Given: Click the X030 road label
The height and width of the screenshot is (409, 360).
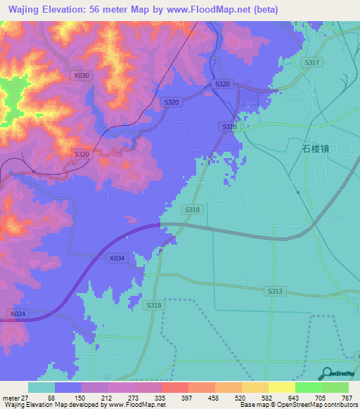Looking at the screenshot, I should click(x=82, y=75).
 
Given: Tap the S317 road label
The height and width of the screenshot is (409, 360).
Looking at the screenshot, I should click(x=313, y=63).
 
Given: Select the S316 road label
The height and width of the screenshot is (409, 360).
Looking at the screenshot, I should click(x=229, y=126).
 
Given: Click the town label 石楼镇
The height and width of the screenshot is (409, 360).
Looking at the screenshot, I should click(x=316, y=148).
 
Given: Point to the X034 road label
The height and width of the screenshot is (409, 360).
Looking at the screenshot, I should click(x=117, y=259).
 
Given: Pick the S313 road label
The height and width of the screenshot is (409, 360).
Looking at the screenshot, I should click(x=275, y=290).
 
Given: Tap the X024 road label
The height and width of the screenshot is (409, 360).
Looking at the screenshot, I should click(x=18, y=313).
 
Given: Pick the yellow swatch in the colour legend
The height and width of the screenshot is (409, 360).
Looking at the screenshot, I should click(x=255, y=387).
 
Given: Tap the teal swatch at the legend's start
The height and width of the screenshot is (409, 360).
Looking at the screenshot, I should click(x=41, y=387).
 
